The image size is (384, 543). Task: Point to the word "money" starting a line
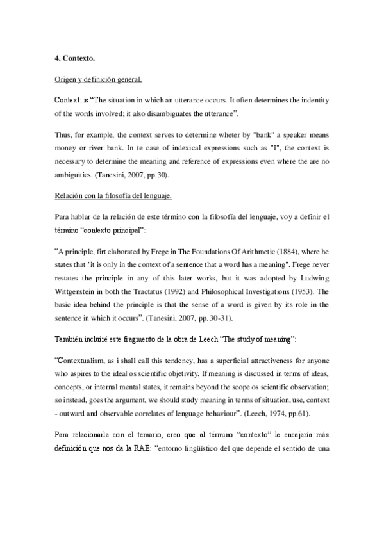tap(67, 147)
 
